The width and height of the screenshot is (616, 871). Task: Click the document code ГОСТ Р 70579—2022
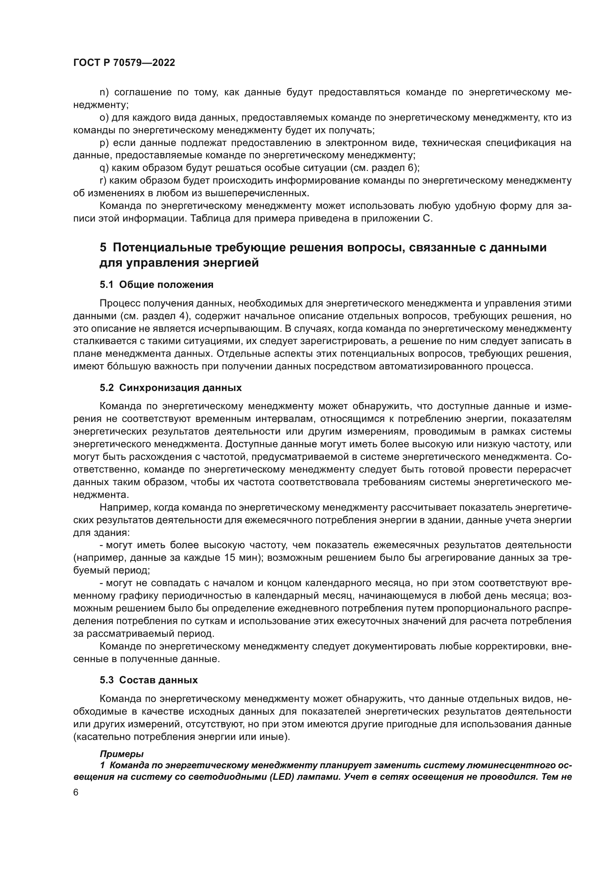point(124,63)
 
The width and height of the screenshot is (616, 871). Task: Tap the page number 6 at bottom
point(76,792)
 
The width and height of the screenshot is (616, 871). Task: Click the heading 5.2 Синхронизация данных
point(170,388)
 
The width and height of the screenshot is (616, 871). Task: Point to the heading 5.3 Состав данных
point(149,680)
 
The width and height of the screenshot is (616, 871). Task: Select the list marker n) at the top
point(104,92)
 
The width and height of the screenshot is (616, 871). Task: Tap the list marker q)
point(104,168)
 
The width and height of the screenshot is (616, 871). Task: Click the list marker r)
point(103,181)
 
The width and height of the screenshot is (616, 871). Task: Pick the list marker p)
point(104,143)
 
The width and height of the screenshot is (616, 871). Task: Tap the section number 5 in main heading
point(103,248)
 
